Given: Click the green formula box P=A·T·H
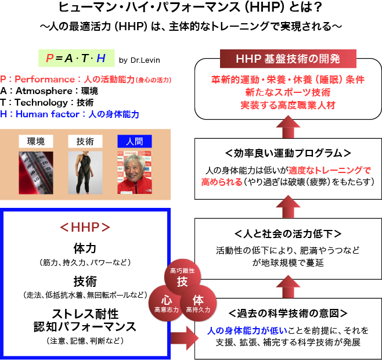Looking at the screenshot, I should [x=75, y=58].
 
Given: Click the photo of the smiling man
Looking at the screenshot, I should [x=134, y=172].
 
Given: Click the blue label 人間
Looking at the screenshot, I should [x=134, y=141].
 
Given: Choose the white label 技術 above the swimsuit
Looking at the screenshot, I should [x=81, y=141].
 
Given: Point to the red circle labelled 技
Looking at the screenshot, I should [x=182, y=279].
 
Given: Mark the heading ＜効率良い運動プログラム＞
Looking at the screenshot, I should [x=287, y=153].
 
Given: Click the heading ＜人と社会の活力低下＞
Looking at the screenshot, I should [x=287, y=234].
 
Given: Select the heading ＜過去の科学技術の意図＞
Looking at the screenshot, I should [x=287, y=314].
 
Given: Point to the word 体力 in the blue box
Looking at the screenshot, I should [x=85, y=248].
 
